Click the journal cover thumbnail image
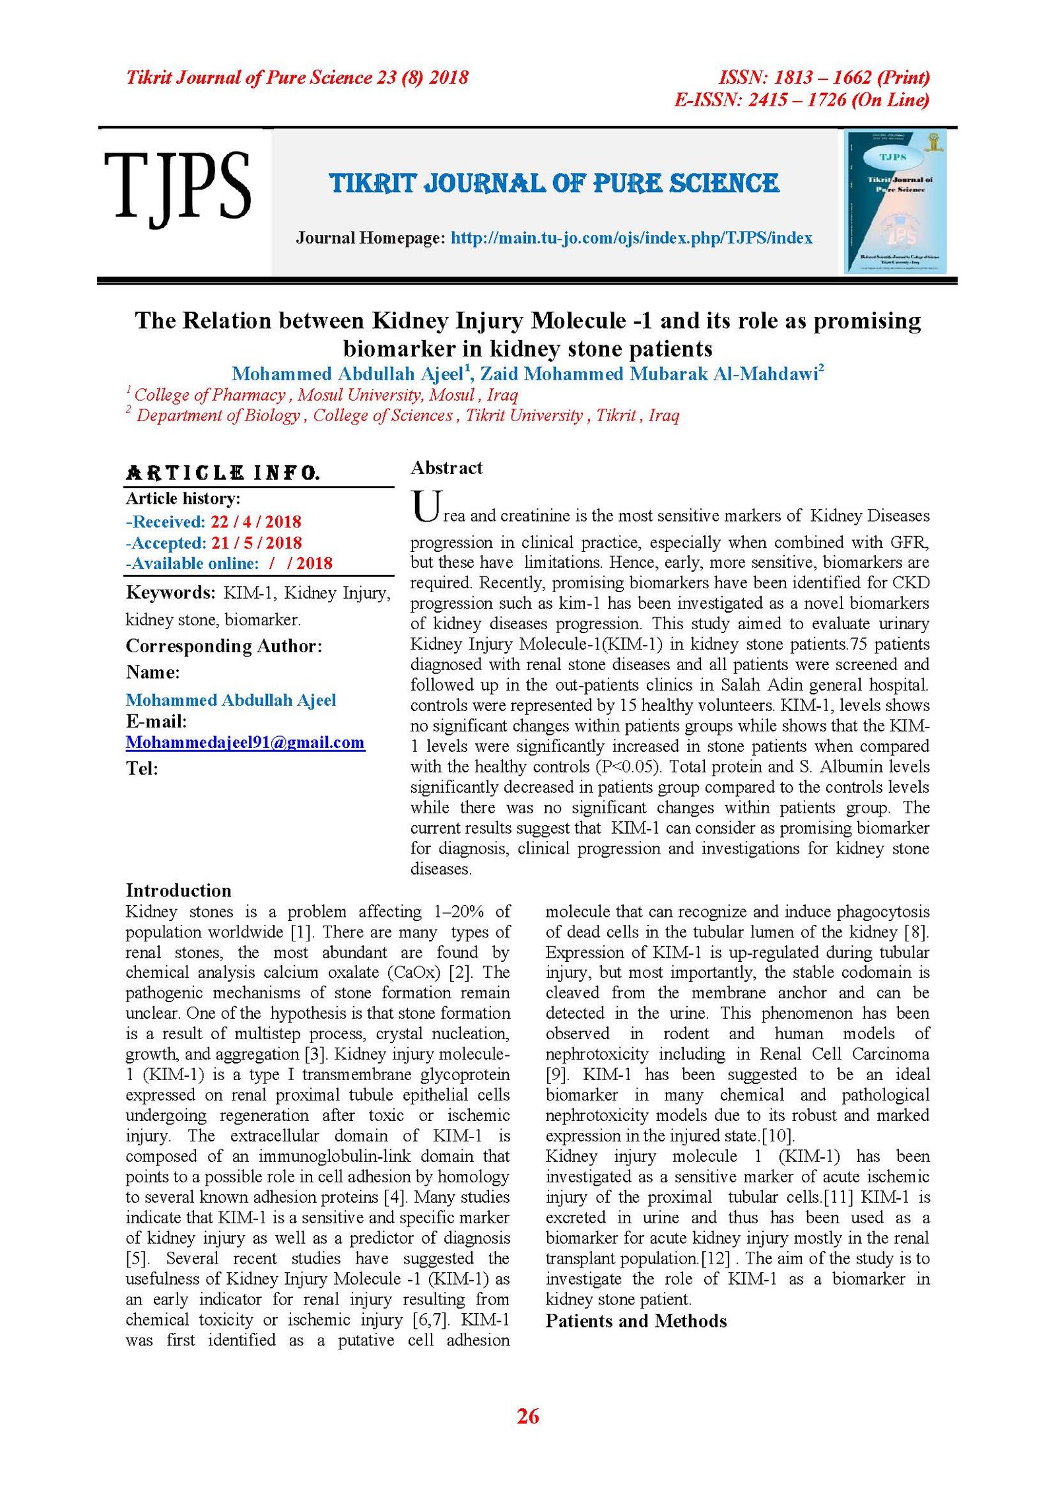pos(896,201)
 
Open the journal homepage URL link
pos(631,238)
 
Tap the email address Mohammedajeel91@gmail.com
pos(245,742)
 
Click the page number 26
pos(527,1415)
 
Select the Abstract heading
pos(446,468)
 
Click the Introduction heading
pos(178,891)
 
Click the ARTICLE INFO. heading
pos(222,473)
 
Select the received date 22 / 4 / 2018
pos(255,522)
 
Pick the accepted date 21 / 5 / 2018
pos(256,543)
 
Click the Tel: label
pos(142,768)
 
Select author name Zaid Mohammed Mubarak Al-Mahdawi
pos(650,374)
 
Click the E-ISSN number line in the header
pos(801,100)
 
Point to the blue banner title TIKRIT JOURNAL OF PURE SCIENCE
pos(554,183)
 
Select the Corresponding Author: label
pos(224,646)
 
